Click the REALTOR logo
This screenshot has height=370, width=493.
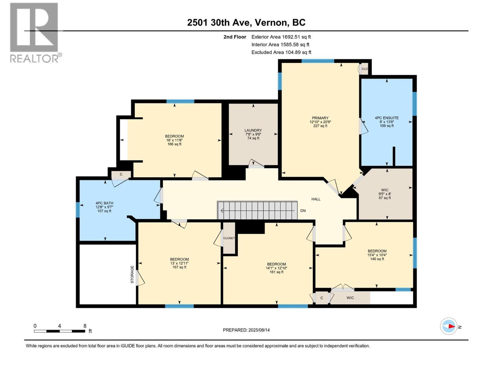coord(35,33)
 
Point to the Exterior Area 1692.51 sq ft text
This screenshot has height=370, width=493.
coord(281,37)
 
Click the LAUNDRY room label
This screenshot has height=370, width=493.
coord(253,130)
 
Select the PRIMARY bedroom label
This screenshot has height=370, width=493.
coord(320,118)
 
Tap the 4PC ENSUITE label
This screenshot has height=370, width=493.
coord(387,118)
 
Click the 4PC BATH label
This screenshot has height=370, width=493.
coord(104,203)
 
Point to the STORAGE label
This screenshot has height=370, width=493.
coord(132,274)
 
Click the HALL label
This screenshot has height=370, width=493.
coord(316,199)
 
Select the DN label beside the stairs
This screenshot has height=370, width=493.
coord(303,211)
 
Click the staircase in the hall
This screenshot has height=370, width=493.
coord(257,210)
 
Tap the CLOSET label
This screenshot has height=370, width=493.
coord(229,238)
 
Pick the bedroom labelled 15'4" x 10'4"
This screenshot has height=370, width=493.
coord(377,255)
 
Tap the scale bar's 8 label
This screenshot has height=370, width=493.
coord(85,326)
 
